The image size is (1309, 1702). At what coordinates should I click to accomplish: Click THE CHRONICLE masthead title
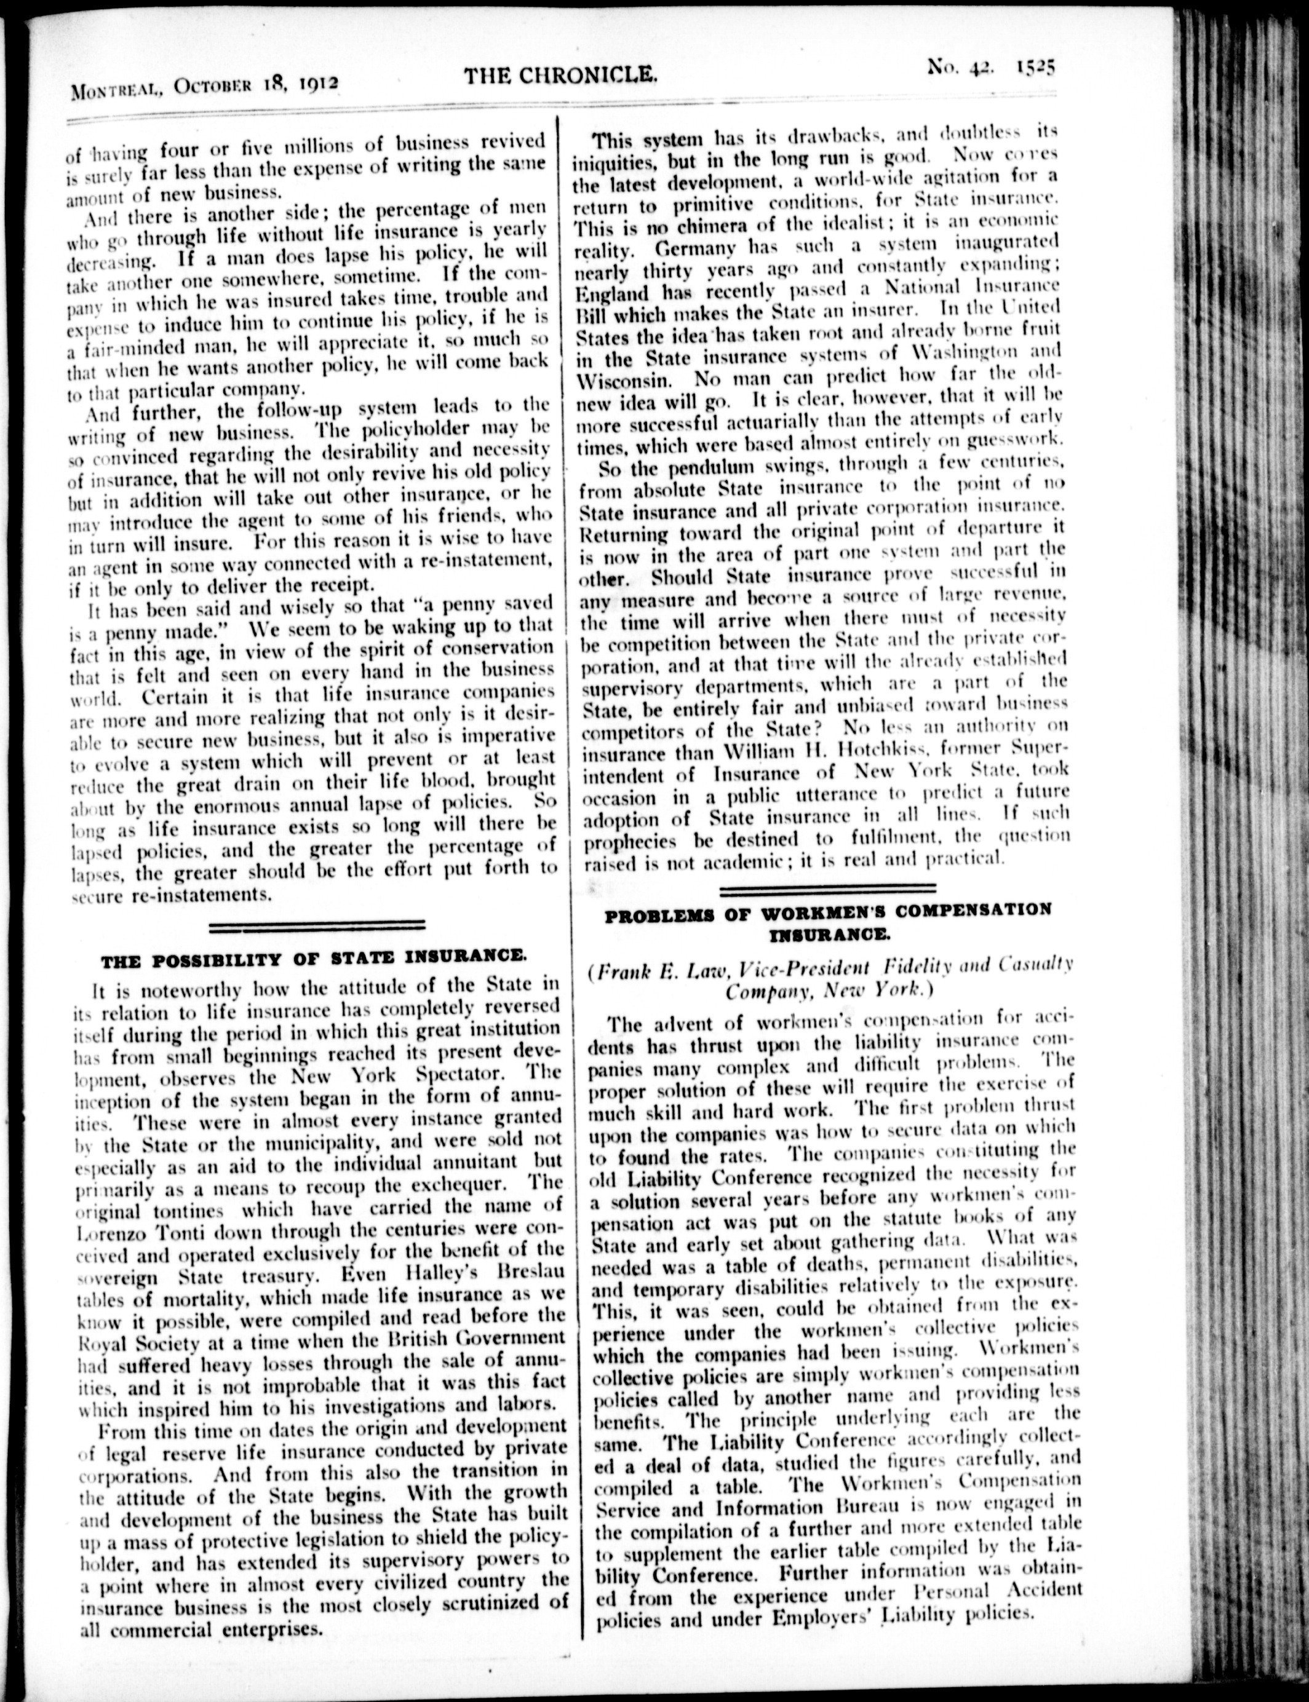pos(561,76)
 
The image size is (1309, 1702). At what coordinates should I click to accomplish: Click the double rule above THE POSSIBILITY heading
pos(318,925)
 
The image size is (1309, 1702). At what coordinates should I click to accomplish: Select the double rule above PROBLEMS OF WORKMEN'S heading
pos(827,887)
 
